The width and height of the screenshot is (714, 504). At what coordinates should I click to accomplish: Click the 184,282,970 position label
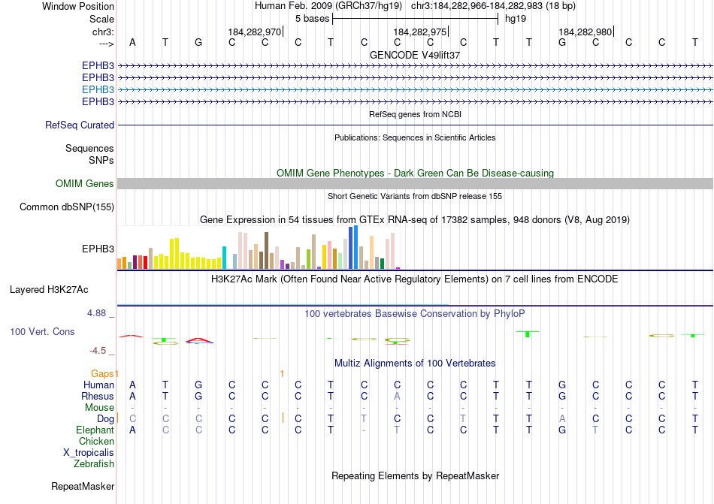[254, 32]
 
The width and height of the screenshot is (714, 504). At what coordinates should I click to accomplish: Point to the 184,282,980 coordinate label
[585, 32]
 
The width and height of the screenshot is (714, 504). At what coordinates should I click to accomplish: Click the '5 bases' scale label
[312, 19]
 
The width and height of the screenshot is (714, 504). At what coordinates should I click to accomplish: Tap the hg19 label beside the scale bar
[516, 19]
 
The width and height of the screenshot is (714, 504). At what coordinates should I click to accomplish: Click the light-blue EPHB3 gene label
[98, 89]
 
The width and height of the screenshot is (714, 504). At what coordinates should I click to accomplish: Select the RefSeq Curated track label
[80, 125]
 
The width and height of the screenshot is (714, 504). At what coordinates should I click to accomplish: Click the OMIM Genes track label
[85, 184]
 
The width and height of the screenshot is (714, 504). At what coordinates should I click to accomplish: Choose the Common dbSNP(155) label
[67, 207]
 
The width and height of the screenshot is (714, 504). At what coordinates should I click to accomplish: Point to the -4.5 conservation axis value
[101, 350]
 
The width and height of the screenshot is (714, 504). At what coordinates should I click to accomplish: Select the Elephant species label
[95, 430]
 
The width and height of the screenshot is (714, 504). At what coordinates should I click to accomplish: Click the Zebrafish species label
[94, 464]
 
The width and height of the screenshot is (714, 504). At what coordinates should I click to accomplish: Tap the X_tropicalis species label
[89, 453]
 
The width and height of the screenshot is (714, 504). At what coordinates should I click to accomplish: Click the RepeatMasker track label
[83, 487]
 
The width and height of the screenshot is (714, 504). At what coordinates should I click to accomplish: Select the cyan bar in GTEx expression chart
[224, 258]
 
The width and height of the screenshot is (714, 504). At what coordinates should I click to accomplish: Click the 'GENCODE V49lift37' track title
[415, 55]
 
